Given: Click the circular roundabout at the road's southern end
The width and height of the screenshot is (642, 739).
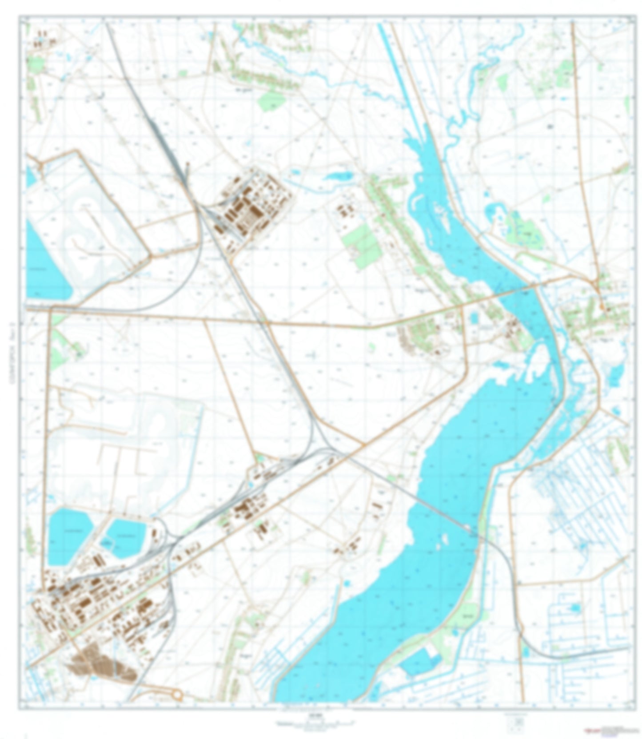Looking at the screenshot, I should click(x=177, y=695).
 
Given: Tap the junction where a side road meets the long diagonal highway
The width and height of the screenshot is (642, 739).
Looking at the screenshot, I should click(x=364, y=444).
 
